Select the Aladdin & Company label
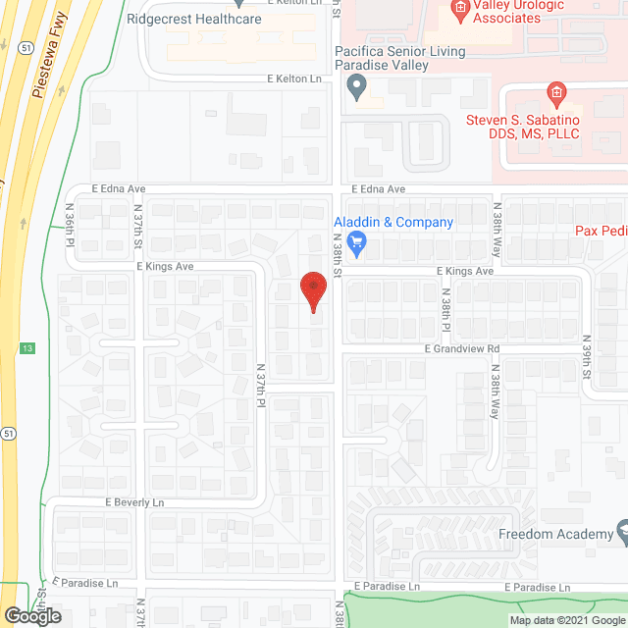(x=393, y=223)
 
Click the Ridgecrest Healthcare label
(x=193, y=18)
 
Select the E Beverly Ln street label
(x=135, y=501)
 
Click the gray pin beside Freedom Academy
(x=621, y=535)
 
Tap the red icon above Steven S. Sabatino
(x=554, y=94)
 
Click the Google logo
(x=31, y=616)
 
